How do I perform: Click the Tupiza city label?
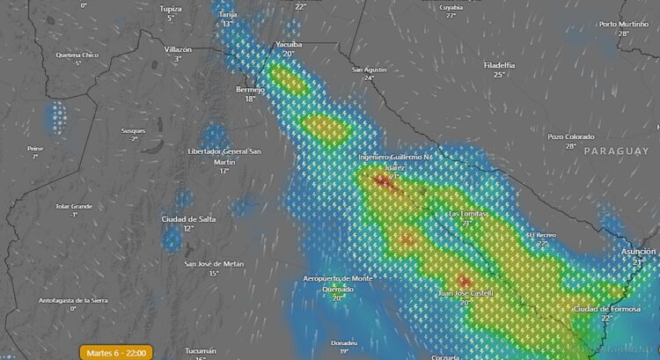pos(171,8)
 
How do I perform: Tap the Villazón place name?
pos(178,49)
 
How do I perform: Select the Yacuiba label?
pos(288,43)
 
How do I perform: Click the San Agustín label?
pos(369,69)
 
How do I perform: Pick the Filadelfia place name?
pos(499,65)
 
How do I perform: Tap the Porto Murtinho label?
pos(623,24)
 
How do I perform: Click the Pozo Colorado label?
pos(571,136)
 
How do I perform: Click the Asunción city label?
pos(638,252)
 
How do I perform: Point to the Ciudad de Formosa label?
pos(605,309)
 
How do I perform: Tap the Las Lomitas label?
pos(467,213)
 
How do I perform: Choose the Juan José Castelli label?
pos(466,292)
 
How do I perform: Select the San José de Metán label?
pos(214,263)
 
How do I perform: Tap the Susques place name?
pos(134,130)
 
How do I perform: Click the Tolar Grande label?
pos(74,206)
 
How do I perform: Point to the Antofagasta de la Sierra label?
pos(73,300)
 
